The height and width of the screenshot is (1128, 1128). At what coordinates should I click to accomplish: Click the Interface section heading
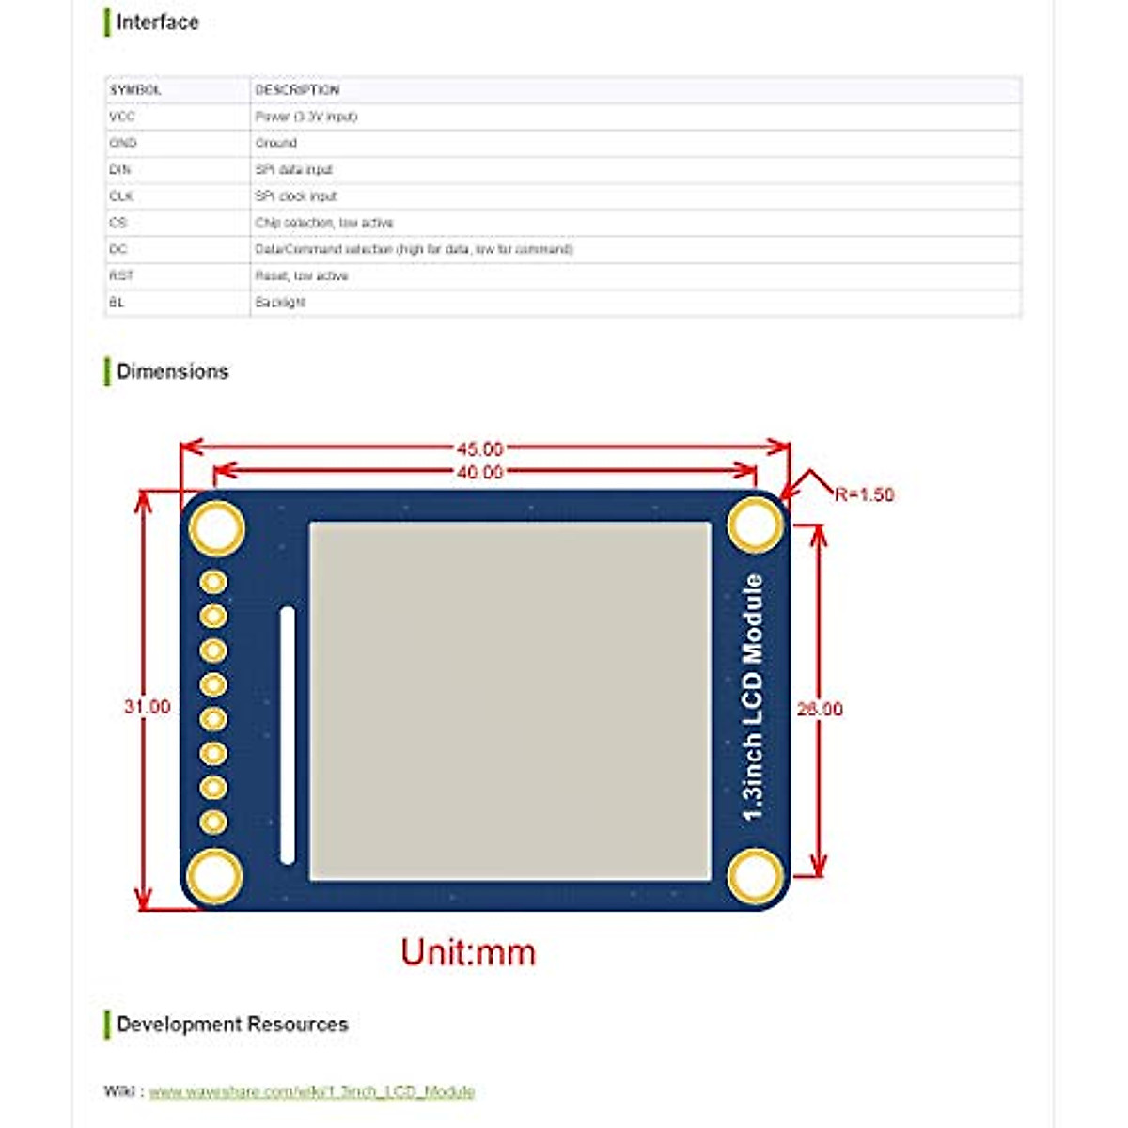point(157,22)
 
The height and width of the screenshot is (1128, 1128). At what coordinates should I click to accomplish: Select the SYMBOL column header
point(135,90)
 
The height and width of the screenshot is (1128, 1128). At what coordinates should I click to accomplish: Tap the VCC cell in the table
point(122,117)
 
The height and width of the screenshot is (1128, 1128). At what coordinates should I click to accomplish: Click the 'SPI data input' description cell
point(293,170)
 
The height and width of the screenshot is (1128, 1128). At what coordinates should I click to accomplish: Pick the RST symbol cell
point(121,276)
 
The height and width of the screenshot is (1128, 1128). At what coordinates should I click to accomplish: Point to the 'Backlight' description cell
point(280,303)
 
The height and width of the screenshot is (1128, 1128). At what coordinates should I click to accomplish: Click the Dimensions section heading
point(172,371)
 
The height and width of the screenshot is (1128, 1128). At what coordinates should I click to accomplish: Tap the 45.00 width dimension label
point(479,448)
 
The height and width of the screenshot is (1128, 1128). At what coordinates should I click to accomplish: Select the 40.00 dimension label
point(479,472)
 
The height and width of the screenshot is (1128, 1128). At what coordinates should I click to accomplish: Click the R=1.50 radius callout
point(864,494)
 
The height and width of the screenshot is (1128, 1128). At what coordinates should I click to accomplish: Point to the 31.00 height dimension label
point(148,707)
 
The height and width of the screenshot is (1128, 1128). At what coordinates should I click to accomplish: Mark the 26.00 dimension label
point(820,709)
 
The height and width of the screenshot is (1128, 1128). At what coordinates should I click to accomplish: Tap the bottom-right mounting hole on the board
point(756,876)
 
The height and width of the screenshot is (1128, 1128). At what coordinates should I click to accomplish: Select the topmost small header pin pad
point(214,582)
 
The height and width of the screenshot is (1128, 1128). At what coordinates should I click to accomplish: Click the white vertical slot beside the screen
point(288,735)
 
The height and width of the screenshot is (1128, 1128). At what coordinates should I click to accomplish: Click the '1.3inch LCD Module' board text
point(753,697)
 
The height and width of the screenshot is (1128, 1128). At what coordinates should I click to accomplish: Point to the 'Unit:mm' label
point(468,952)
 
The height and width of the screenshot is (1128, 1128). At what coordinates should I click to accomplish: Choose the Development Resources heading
point(232,1024)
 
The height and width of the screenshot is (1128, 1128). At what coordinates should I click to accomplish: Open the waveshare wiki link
point(311,1091)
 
